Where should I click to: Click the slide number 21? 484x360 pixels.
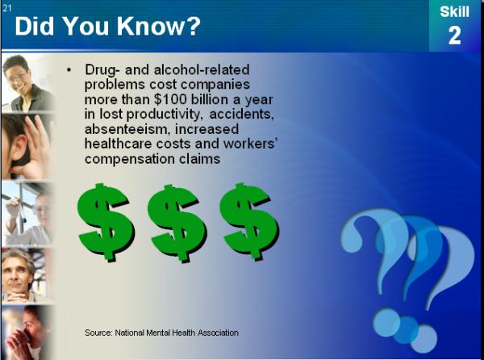[x=6, y=8]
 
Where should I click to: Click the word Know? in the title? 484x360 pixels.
[x=159, y=27]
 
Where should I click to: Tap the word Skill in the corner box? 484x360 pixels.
[x=454, y=12]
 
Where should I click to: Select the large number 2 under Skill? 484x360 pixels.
[x=455, y=36]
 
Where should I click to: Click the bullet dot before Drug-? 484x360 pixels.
[x=69, y=70]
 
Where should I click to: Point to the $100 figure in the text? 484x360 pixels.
[x=170, y=99]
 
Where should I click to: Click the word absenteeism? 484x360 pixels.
[x=127, y=129]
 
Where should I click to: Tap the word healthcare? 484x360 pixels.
[x=119, y=144]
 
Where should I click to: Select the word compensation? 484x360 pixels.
[x=130, y=159]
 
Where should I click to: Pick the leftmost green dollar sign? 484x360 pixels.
[x=106, y=222]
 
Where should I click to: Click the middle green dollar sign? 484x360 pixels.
[x=177, y=223]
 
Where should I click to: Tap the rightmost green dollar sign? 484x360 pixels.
[x=249, y=222]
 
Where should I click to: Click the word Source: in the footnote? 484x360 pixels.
[x=98, y=333]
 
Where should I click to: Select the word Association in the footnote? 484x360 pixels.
[x=218, y=333]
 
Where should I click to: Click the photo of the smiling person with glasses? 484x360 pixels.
[x=28, y=83]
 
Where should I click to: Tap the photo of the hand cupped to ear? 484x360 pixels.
[x=27, y=147]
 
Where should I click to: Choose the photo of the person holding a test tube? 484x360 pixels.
[x=27, y=214]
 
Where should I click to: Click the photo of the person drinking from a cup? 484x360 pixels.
[x=27, y=333]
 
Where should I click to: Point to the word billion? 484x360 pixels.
[x=210, y=99]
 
